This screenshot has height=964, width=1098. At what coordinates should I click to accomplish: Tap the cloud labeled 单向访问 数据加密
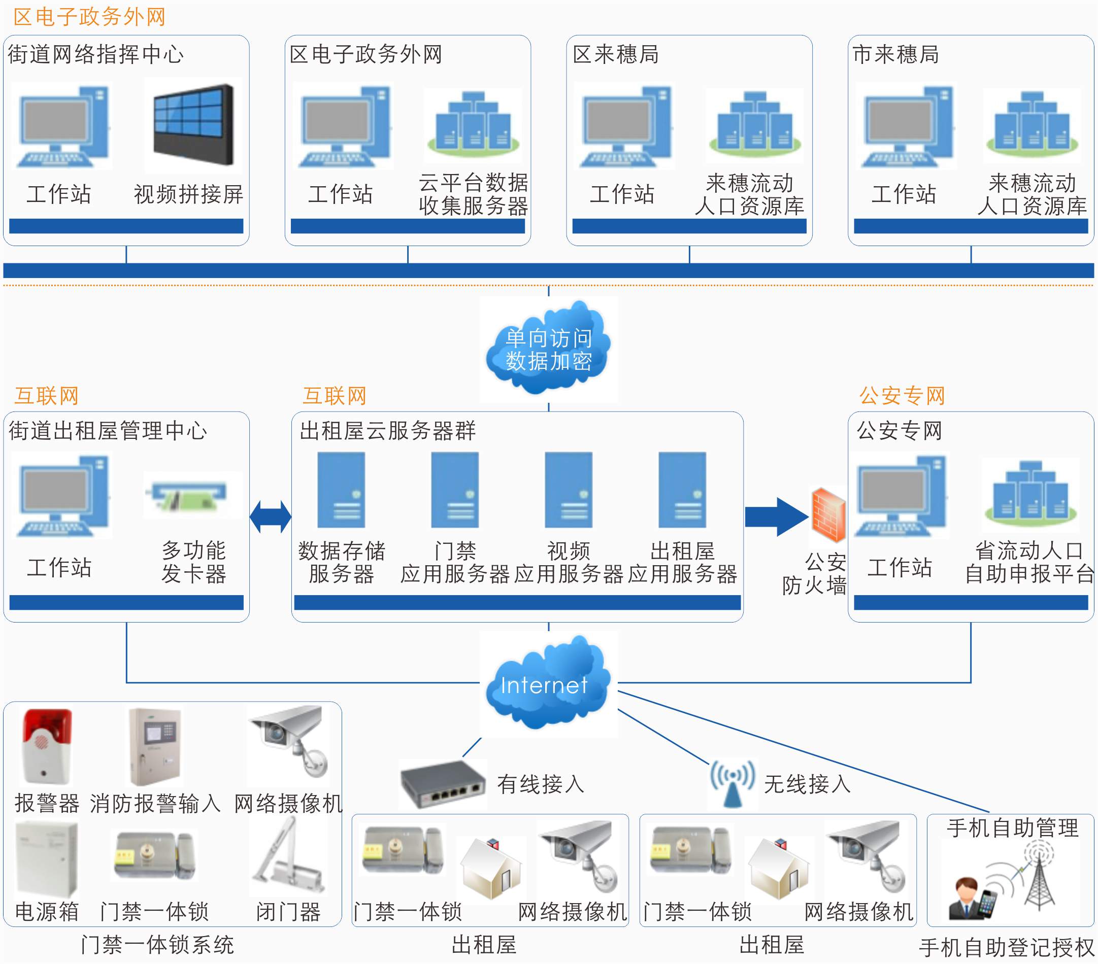[548, 349]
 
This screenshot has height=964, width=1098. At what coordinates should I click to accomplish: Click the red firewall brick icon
[828, 514]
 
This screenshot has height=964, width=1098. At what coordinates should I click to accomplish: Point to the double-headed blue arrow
[270, 516]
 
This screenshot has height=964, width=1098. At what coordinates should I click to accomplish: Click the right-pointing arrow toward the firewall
[776, 516]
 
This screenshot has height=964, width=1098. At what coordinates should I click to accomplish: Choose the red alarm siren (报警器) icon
[46, 746]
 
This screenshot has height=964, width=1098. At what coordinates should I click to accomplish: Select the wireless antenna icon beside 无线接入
[731, 783]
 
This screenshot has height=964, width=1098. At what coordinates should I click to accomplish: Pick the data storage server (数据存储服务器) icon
[341, 490]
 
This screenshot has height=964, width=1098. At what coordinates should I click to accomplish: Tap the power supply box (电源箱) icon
[46, 859]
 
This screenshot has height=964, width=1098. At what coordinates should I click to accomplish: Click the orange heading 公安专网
[902, 396]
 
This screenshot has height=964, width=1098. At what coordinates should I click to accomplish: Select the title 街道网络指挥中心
[95, 54]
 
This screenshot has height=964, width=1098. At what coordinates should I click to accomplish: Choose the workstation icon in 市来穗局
[907, 126]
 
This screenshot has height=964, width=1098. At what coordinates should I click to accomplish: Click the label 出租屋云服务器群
[387, 431]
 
